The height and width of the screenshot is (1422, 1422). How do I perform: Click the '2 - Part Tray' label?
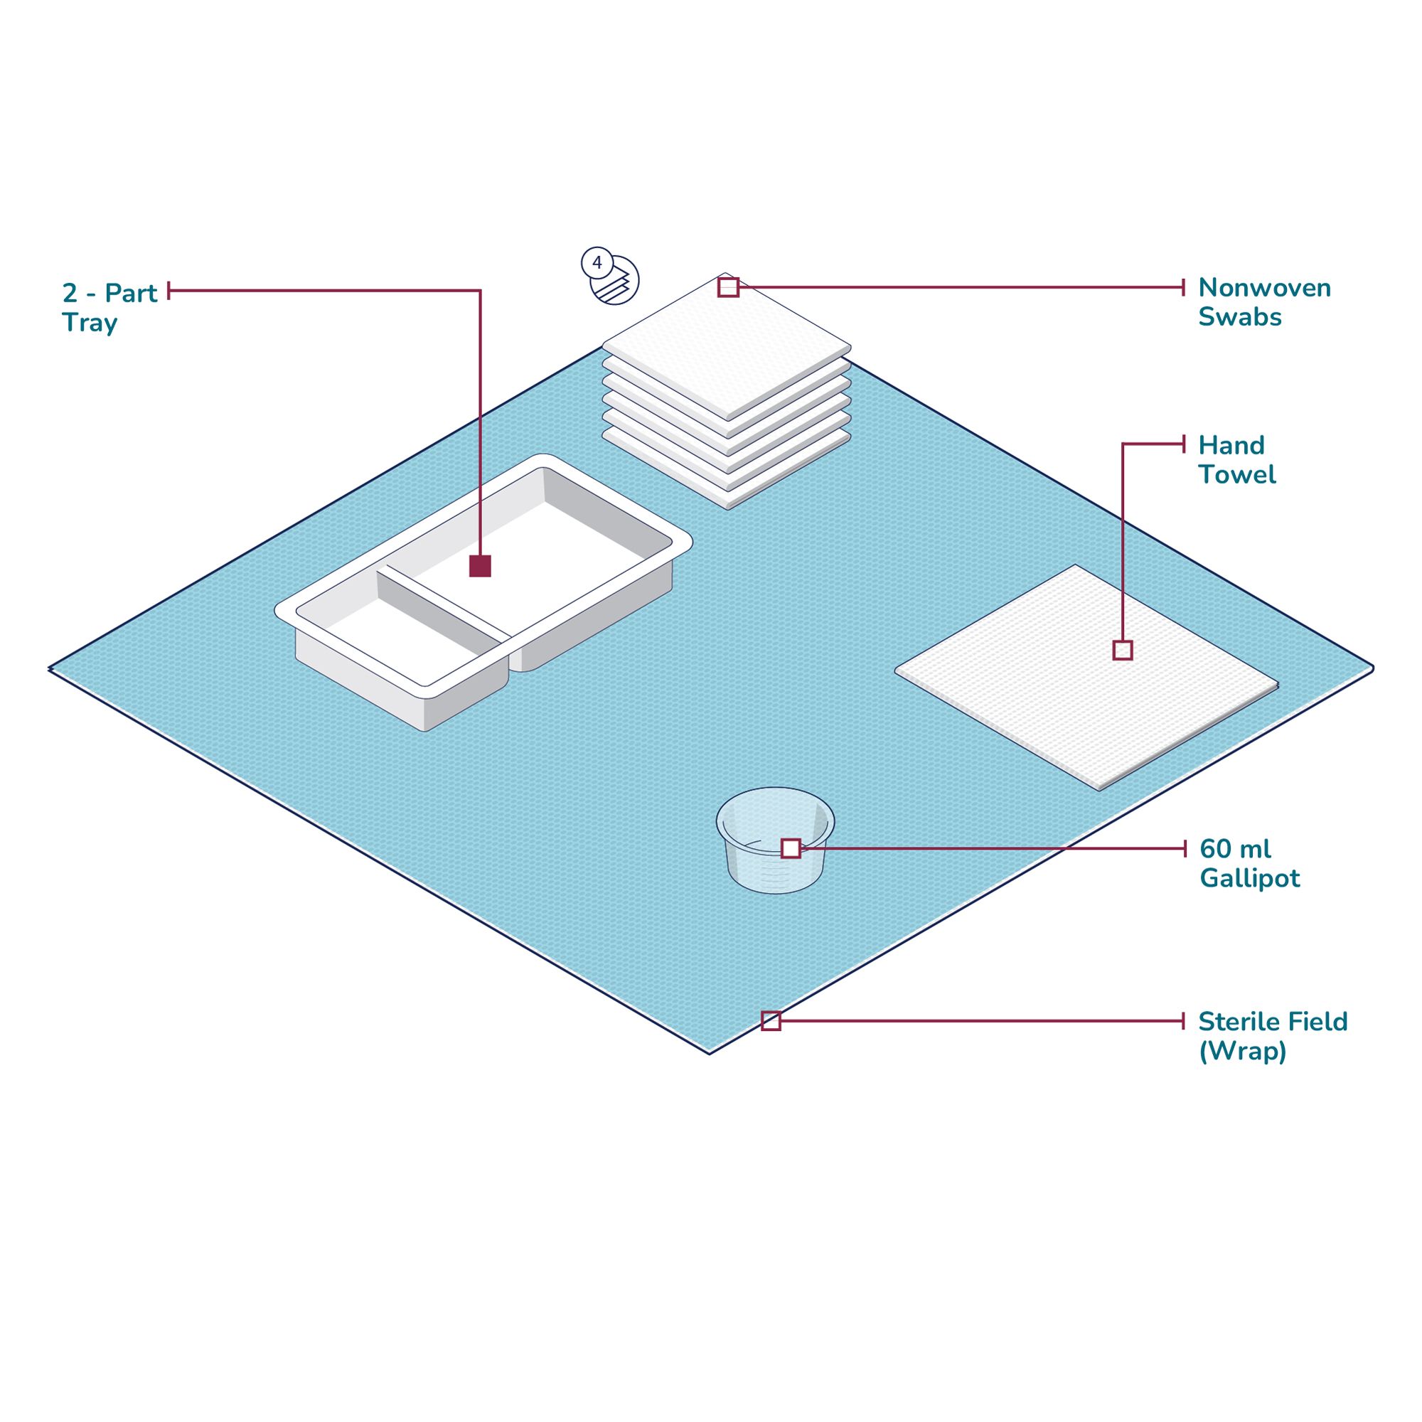point(109,307)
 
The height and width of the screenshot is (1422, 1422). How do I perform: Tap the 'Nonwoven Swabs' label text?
point(1263,301)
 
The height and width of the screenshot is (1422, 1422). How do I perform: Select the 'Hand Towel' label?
point(1236,459)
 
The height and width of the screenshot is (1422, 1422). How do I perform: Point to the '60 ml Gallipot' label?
point(1249,862)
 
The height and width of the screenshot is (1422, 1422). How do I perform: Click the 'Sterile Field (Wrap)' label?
point(1273,1036)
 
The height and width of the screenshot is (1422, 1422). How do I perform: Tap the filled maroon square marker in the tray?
point(480,566)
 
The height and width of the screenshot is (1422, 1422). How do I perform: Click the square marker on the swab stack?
point(728,287)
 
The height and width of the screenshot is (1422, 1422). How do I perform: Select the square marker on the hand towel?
point(1123,650)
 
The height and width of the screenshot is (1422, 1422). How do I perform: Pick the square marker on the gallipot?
point(791,849)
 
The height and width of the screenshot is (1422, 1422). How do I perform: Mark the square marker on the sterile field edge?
point(771,1021)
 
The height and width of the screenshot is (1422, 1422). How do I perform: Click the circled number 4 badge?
point(597,262)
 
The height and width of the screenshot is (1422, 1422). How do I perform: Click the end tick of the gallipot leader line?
point(1185,849)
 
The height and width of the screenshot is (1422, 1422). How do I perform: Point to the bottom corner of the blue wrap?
point(710,1053)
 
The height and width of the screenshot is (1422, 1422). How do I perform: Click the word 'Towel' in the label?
point(1236,475)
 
